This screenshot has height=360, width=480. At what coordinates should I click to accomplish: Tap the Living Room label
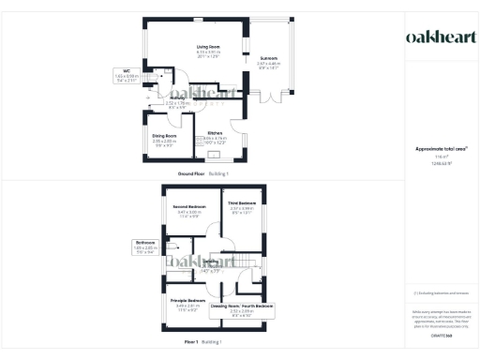pos(207,46)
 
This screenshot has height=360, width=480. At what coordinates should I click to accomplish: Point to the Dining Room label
pos(164,137)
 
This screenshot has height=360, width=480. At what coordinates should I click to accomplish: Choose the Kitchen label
pos(215,133)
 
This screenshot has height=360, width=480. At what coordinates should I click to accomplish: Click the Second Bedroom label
pos(190,206)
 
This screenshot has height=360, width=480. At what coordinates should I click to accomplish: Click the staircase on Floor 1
pos(246,262)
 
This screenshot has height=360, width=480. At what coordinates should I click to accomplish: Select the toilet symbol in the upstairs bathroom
pos(170,248)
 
